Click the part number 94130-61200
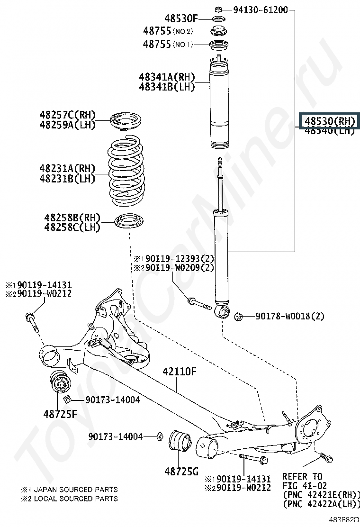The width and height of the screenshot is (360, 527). coord(260,9)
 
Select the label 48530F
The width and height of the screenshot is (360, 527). coord(181,19)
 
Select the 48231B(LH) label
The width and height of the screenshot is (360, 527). coord(67,179)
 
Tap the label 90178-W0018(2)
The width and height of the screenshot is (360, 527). coord(290,316)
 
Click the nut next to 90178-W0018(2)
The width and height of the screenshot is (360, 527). coord(239,316)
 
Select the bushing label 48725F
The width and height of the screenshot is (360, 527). coord(59,414)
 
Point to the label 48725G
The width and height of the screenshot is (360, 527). coord(181,471)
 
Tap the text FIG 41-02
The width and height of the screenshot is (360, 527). coord(303,485)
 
